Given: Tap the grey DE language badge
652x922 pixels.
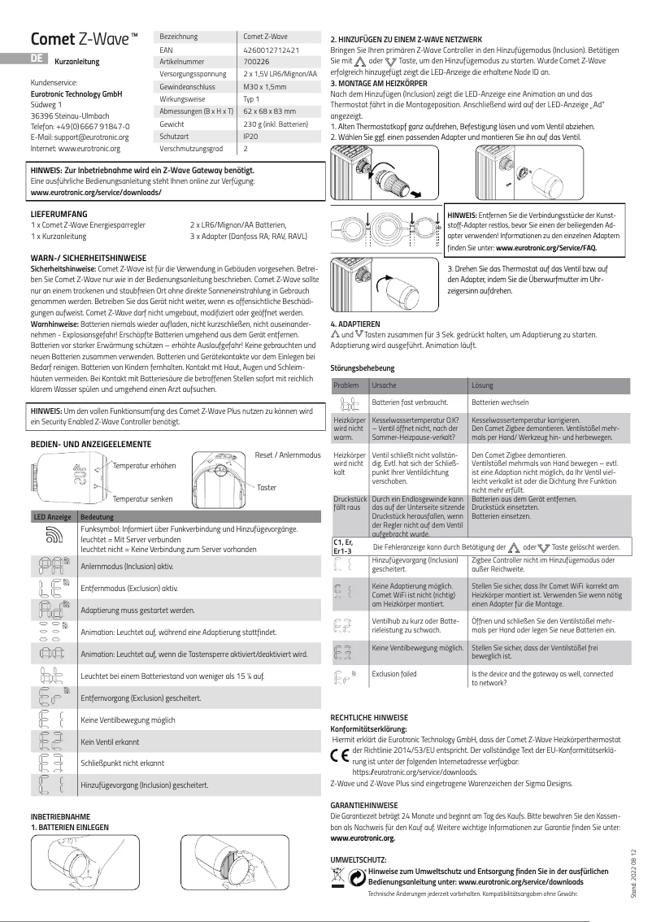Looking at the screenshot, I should click(36, 59).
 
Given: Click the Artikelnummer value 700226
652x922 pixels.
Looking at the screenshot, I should click(257, 61).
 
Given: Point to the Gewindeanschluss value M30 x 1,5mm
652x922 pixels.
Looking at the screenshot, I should click(265, 86).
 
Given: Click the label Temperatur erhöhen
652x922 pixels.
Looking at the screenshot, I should click(145, 465).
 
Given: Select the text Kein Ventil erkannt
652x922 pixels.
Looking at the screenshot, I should click(111, 742).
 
